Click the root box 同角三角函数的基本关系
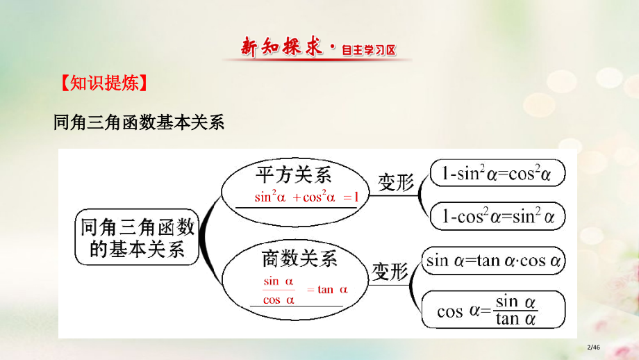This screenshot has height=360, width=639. tap(137, 238)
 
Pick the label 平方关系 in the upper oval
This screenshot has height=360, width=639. tap(294, 174)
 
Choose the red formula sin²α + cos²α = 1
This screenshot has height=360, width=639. tap(306, 197)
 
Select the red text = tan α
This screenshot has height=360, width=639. tap(327, 290)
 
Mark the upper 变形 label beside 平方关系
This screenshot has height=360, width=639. tap(395, 183)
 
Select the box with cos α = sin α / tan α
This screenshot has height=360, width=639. tap(493, 310)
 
